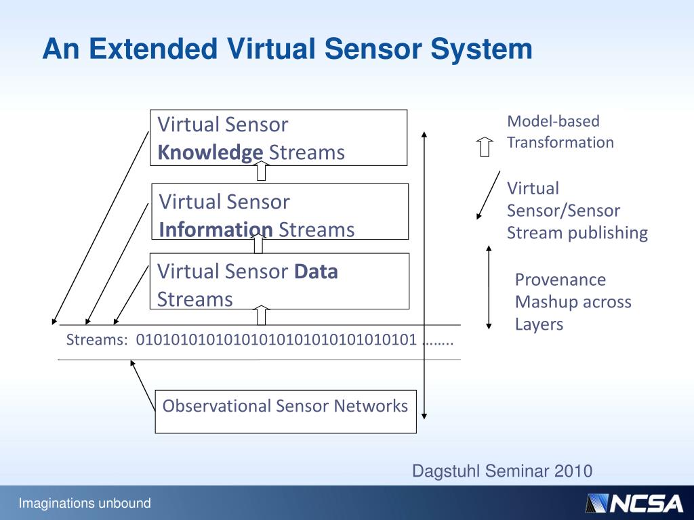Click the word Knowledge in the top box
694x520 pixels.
(x=210, y=153)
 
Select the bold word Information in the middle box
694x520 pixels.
(x=216, y=230)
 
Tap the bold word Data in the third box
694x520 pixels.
(x=315, y=272)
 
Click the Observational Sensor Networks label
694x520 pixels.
(x=285, y=406)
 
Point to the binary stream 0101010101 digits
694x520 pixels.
(x=277, y=340)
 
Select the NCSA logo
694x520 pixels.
(x=634, y=503)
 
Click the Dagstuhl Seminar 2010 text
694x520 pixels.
(x=502, y=471)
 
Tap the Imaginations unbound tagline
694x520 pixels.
(x=85, y=503)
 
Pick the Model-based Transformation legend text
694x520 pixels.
(x=560, y=132)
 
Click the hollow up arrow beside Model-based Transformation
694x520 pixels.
(x=484, y=146)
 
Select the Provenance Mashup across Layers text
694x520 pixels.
(x=573, y=302)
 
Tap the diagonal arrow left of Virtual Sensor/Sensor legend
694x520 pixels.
(x=489, y=194)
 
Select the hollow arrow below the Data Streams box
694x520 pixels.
(x=262, y=315)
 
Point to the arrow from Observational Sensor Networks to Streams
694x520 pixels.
(x=143, y=385)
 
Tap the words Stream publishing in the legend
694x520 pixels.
(x=577, y=234)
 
